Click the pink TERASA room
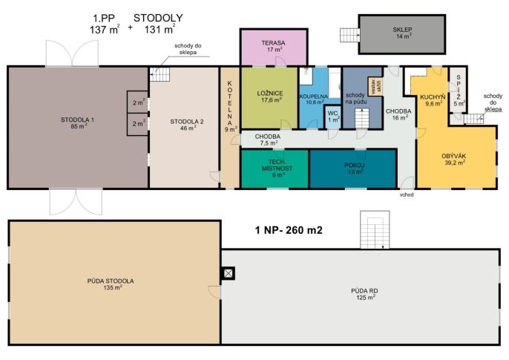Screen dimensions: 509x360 click(x=274, y=48)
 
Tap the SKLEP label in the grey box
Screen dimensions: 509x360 click(x=402, y=30)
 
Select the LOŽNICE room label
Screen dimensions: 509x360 click(x=270, y=94)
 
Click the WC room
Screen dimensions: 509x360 click(x=332, y=117)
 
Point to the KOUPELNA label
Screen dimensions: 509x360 click(x=314, y=96)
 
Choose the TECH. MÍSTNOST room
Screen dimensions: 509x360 click(x=275, y=168)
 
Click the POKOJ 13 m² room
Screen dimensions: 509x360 click(x=353, y=168)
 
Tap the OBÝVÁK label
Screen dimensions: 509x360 click(x=453, y=156)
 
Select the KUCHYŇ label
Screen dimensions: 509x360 click(x=433, y=97)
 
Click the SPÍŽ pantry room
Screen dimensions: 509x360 click(x=458, y=90)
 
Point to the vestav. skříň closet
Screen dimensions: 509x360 click(x=375, y=86)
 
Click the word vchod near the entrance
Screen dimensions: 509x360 click(x=407, y=194)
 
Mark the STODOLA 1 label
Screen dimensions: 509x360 click(x=77, y=120)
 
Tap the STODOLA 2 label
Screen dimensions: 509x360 click(x=187, y=122)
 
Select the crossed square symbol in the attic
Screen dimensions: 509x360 click(x=229, y=273)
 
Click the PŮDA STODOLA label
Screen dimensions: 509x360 click(x=111, y=281)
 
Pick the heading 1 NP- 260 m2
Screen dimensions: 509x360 click(x=289, y=230)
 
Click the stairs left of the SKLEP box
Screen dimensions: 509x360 click(x=349, y=35)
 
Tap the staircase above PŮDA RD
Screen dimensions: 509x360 click(x=375, y=230)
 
